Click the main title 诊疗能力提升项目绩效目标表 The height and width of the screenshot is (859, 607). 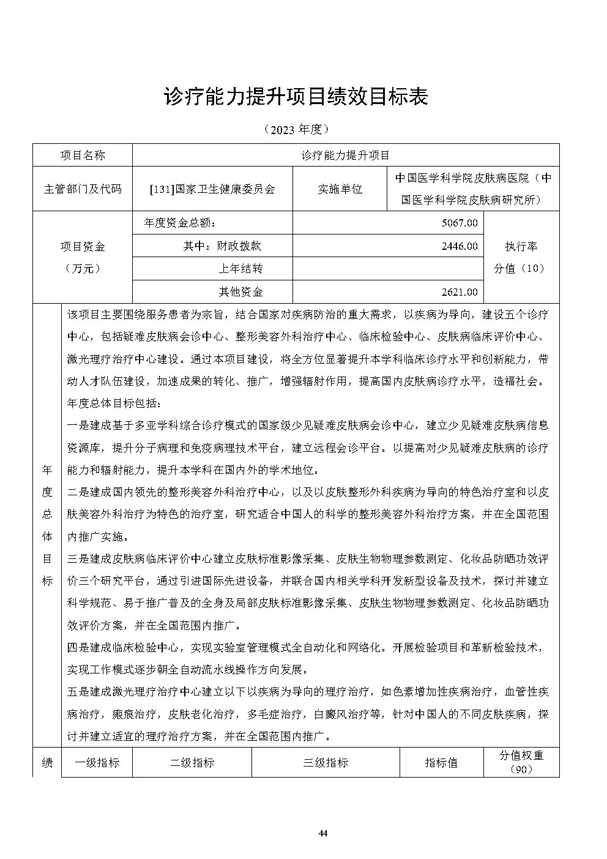click(x=296, y=97)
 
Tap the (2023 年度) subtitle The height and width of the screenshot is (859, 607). click(x=296, y=129)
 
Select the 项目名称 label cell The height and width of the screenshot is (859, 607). click(x=83, y=155)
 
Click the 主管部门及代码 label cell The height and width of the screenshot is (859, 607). click(x=83, y=189)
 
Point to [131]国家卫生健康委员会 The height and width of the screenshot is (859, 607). click(x=212, y=189)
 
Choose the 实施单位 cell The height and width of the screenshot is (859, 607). click(x=340, y=189)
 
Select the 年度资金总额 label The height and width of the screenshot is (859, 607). click(x=179, y=223)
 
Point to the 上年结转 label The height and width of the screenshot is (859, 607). click(x=240, y=269)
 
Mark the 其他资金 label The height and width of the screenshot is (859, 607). click(x=240, y=292)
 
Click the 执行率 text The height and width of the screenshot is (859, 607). click(x=521, y=247)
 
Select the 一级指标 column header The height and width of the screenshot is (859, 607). click(x=97, y=763)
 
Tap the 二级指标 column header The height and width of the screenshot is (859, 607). click(x=192, y=763)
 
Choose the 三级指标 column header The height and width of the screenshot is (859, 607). click(x=326, y=763)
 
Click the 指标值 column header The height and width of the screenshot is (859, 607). click(x=441, y=763)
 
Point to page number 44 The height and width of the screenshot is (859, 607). click(x=324, y=833)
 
